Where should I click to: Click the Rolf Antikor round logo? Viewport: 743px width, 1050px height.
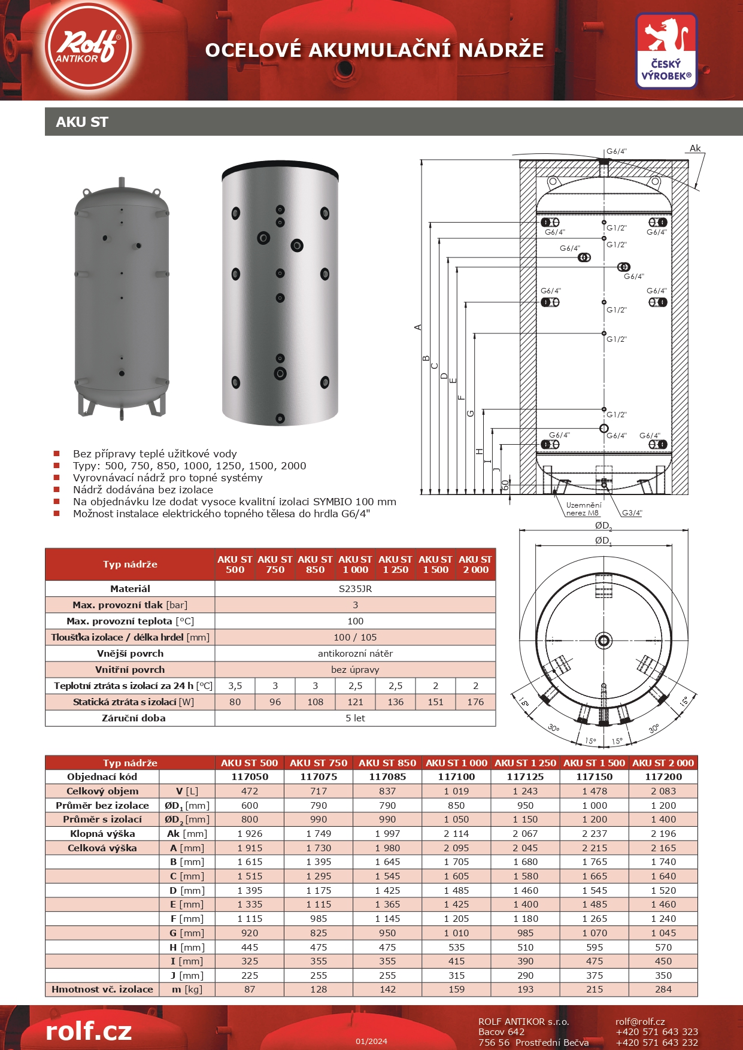pos(88,47)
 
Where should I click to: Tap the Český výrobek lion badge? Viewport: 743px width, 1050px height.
pos(666,51)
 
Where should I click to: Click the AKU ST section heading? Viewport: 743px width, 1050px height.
pos(82,122)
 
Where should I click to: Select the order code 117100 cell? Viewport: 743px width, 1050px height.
pos(456,776)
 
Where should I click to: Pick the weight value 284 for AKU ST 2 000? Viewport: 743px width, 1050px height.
pos(663,989)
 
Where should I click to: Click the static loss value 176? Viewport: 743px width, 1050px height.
pos(475,702)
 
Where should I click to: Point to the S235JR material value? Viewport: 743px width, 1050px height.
pos(355,588)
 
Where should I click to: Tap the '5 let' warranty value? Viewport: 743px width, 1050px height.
pos(355,718)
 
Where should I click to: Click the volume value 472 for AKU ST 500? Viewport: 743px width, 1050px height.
pos(249,791)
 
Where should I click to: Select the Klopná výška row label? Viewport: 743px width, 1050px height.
pos(102,833)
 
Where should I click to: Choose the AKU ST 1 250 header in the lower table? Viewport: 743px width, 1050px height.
pos(525,763)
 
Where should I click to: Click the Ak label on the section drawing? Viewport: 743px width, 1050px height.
pos(695,148)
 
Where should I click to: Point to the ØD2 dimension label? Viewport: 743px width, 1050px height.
pos(603,526)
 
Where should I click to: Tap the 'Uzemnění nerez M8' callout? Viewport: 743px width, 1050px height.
pos(583,509)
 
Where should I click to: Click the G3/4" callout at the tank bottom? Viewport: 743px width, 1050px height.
pos(632,512)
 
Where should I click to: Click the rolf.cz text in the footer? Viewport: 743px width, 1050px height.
pos(89,1031)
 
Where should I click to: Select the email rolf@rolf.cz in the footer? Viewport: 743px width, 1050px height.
pos(640,1021)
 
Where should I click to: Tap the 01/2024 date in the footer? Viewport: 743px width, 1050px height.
pos(371,1041)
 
